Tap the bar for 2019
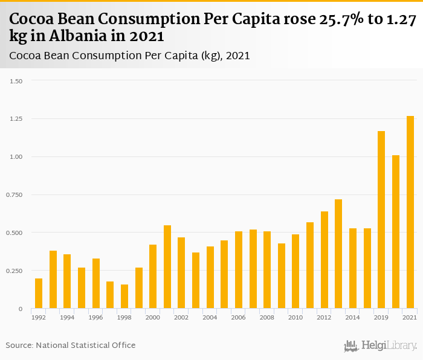pyautogui.click(x=381, y=220)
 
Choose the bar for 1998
pyautogui.click(x=124, y=297)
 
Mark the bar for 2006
pyautogui.click(x=239, y=270)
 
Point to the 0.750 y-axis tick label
pyautogui.click(x=13, y=195)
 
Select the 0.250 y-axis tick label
pyautogui.click(x=13, y=271)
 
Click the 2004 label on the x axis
pyautogui.click(x=210, y=318)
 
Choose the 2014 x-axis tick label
pyautogui.click(x=353, y=318)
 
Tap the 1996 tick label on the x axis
pyautogui.click(x=95, y=318)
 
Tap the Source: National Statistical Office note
pyautogui.click(x=71, y=345)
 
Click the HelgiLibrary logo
pyautogui.click(x=381, y=346)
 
